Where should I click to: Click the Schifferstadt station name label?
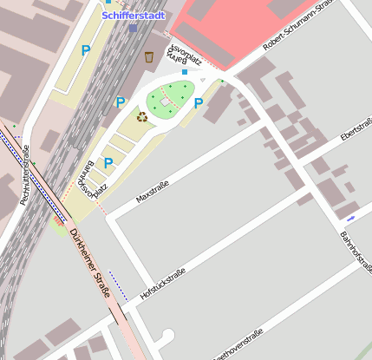pos(131,16)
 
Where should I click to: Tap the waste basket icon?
pos(150,56)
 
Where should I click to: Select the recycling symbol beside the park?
pos(142,117)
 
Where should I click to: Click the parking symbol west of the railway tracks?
pos(86,51)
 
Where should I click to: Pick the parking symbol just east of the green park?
pos(199,104)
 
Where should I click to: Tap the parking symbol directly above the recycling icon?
pos(121,102)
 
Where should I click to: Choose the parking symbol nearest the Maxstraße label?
pos(108,162)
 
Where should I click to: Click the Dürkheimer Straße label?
pos(89,263)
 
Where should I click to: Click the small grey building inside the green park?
pos(165,101)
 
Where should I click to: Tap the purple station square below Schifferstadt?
pos(133,28)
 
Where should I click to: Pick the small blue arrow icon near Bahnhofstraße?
pos(350,216)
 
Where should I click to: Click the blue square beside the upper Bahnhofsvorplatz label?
pos(183,72)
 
